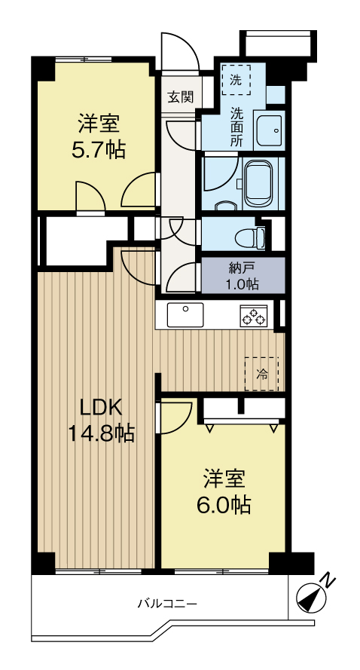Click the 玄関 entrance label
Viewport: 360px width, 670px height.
pyautogui.click(x=180, y=97)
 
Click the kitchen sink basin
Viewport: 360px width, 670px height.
pyautogui.click(x=185, y=314)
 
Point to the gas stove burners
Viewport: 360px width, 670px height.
pyautogui.click(x=254, y=317)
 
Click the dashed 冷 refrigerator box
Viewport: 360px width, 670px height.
pyautogui.click(x=261, y=374)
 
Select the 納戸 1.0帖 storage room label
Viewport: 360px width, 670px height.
pyautogui.click(x=243, y=276)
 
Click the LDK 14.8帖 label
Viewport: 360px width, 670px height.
pyautogui.click(x=102, y=421)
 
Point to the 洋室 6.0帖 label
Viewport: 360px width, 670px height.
pyautogui.click(x=223, y=492)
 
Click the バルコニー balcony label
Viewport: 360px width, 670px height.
pyautogui.click(x=167, y=604)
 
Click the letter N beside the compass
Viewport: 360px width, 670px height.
pyautogui.click(x=328, y=581)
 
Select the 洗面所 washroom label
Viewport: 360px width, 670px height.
pyautogui.click(x=236, y=127)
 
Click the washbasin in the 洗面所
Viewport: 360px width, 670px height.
pyautogui.click(x=269, y=130)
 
